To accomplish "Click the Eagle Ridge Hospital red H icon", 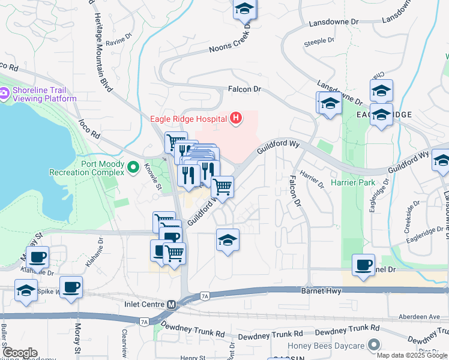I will [x=235, y=118].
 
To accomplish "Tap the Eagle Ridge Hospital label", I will [x=187, y=118].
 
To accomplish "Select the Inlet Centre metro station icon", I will [x=172, y=305].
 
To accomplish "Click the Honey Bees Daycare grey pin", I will [x=375, y=345].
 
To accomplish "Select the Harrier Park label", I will [x=352, y=182].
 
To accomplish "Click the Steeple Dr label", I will [x=319, y=41].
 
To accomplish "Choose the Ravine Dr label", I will [x=118, y=43].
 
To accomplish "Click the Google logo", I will [x=20, y=353].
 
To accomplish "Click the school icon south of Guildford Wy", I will [x=228, y=241].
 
